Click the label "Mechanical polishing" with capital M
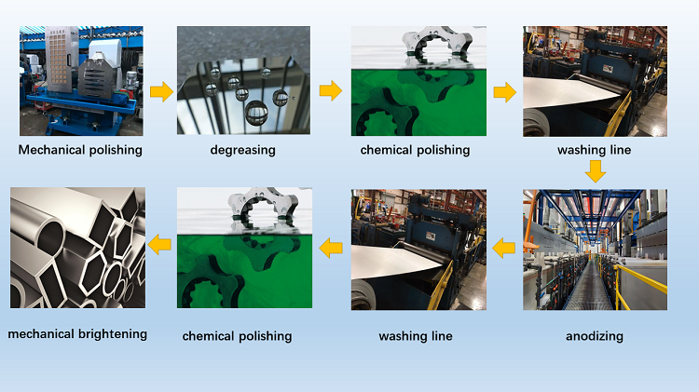[80, 150]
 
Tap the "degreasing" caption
[243, 150]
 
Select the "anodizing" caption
[595, 336]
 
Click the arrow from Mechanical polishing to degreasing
[161, 92]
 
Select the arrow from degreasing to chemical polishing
[331, 91]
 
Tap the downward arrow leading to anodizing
[596, 171]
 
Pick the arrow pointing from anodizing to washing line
[503, 248]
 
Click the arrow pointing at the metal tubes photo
[159, 245]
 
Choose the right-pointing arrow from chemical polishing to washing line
[505, 92]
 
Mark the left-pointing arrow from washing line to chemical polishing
[331, 248]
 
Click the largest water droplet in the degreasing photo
[256, 113]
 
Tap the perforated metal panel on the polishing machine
[59, 60]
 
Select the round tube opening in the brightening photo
[50, 237]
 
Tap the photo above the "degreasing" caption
[243, 80]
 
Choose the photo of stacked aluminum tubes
[77, 248]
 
